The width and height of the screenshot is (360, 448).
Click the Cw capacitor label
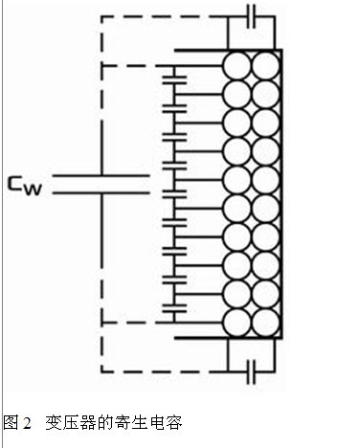pyautogui.click(x=25, y=186)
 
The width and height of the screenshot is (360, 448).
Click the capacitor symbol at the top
pyautogui.click(x=252, y=16)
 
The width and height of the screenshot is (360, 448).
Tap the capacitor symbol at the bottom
pyautogui.click(x=252, y=371)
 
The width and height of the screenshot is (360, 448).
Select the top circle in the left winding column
pyautogui.click(x=236, y=67)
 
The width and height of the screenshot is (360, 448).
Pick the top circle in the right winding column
pyautogui.click(x=265, y=67)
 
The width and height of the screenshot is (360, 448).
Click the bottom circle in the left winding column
pyautogui.click(x=236, y=323)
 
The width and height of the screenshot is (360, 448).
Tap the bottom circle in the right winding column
pyautogui.click(x=265, y=323)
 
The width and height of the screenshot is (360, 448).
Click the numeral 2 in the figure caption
pyautogui.click(x=27, y=423)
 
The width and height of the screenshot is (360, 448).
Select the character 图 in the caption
pyautogui.click(x=11, y=423)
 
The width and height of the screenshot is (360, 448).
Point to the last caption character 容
pyautogui.click(x=173, y=423)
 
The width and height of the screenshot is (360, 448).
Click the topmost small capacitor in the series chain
pyautogui.click(x=174, y=79)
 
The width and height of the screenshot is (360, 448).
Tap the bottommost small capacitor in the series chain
pyautogui.click(x=174, y=308)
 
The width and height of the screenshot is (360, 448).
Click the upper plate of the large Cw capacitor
pyautogui.click(x=101, y=175)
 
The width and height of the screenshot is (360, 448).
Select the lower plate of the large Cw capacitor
pyautogui.click(x=101, y=192)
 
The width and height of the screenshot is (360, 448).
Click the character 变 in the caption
pyautogui.click(x=54, y=423)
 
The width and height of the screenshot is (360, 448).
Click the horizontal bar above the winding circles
pyautogui.click(x=228, y=51)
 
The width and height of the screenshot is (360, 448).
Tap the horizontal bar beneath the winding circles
pyautogui.click(x=228, y=338)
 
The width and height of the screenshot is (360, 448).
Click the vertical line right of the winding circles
pyautogui.click(x=281, y=194)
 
